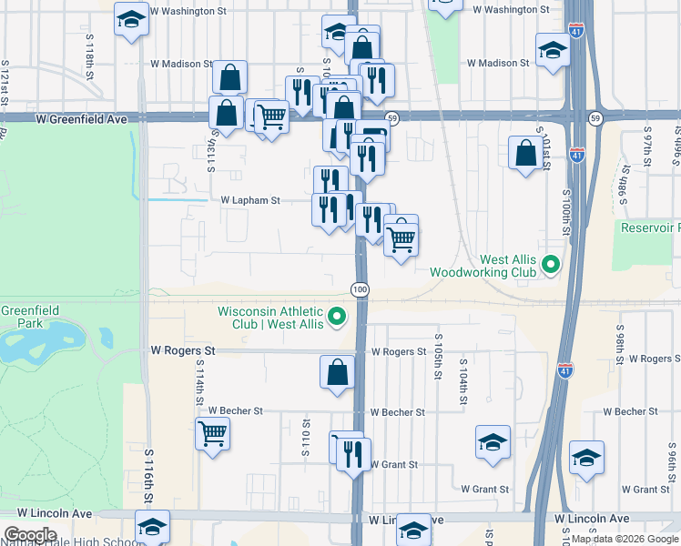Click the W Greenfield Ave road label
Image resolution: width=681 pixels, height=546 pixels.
[x=81, y=119]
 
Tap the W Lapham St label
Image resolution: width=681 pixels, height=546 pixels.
[x=249, y=199]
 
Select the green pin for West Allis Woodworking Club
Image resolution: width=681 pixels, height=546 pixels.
[x=550, y=266]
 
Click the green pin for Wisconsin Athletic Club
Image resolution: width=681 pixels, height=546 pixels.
[x=338, y=317]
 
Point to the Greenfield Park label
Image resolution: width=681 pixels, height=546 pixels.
[x=29, y=316]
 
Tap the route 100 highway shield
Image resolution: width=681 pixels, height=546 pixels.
[x=360, y=288]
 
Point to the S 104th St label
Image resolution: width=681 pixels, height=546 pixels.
[x=462, y=380]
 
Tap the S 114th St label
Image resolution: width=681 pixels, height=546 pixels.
[x=198, y=381]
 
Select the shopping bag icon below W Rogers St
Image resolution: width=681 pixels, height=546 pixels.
[x=337, y=371]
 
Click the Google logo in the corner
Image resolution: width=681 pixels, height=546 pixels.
[x=30, y=534]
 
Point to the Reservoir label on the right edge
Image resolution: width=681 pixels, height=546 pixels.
[x=650, y=227]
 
